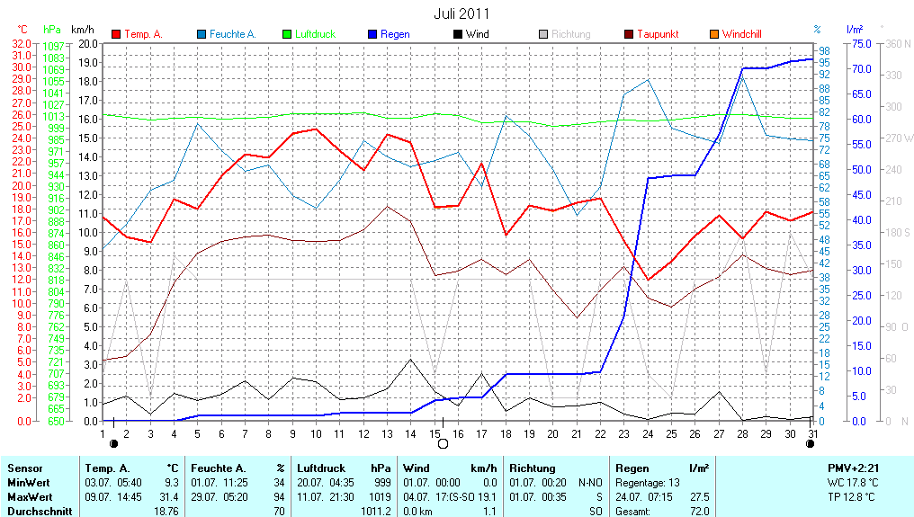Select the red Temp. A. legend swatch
click(116, 34)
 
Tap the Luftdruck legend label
click(315, 34)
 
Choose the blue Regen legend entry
click(395, 34)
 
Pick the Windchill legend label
click(741, 34)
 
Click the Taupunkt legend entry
click(658, 34)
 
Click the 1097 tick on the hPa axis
click(54, 46)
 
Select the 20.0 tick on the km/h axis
click(88, 43)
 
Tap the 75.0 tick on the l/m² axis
click(860, 43)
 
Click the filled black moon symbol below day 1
click(113, 443)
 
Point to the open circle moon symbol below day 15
click(442, 443)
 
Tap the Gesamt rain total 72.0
click(698, 511)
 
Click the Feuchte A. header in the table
click(216, 468)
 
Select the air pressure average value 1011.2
click(375, 511)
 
